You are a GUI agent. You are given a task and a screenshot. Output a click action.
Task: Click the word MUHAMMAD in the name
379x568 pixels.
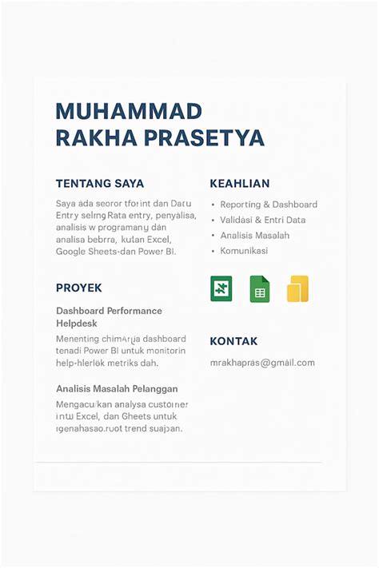pyautogui.click(x=129, y=111)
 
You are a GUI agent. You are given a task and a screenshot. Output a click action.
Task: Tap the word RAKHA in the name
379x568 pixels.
pyautogui.click(x=96, y=138)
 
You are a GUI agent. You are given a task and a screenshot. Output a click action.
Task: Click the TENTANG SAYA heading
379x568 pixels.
pyautogui.click(x=100, y=184)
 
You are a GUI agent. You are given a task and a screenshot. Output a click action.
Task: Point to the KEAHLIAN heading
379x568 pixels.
pyautogui.click(x=239, y=184)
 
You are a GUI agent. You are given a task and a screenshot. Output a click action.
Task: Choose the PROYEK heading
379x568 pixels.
pyautogui.click(x=79, y=288)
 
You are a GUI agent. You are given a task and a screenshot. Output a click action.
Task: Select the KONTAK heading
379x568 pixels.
pyautogui.click(x=233, y=341)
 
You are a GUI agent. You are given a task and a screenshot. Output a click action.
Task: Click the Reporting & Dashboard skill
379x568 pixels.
pyautogui.click(x=269, y=205)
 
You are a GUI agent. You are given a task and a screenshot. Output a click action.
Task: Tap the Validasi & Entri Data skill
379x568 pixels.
pyautogui.click(x=263, y=220)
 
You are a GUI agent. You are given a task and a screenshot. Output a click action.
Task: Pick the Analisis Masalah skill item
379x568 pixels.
pyautogui.click(x=255, y=236)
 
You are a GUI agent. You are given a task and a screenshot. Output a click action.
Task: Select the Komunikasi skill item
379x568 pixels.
pyautogui.click(x=244, y=251)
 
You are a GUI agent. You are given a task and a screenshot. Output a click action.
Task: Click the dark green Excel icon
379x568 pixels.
pyautogui.click(x=221, y=288)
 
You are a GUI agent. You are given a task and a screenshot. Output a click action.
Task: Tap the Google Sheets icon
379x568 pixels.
pyautogui.click(x=259, y=289)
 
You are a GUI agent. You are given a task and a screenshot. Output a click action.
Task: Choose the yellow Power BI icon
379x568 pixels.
pyautogui.click(x=297, y=289)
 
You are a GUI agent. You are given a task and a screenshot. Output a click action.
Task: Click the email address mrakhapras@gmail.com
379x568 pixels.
pyautogui.click(x=262, y=363)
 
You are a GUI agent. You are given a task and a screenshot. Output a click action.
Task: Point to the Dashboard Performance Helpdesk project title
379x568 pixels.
pyautogui.click(x=109, y=317)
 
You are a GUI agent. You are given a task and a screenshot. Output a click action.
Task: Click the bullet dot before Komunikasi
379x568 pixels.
pyautogui.click(x=213, y=251)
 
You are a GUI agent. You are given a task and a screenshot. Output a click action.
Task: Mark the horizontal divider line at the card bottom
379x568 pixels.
pyautogui.click(x=178, y=463)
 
